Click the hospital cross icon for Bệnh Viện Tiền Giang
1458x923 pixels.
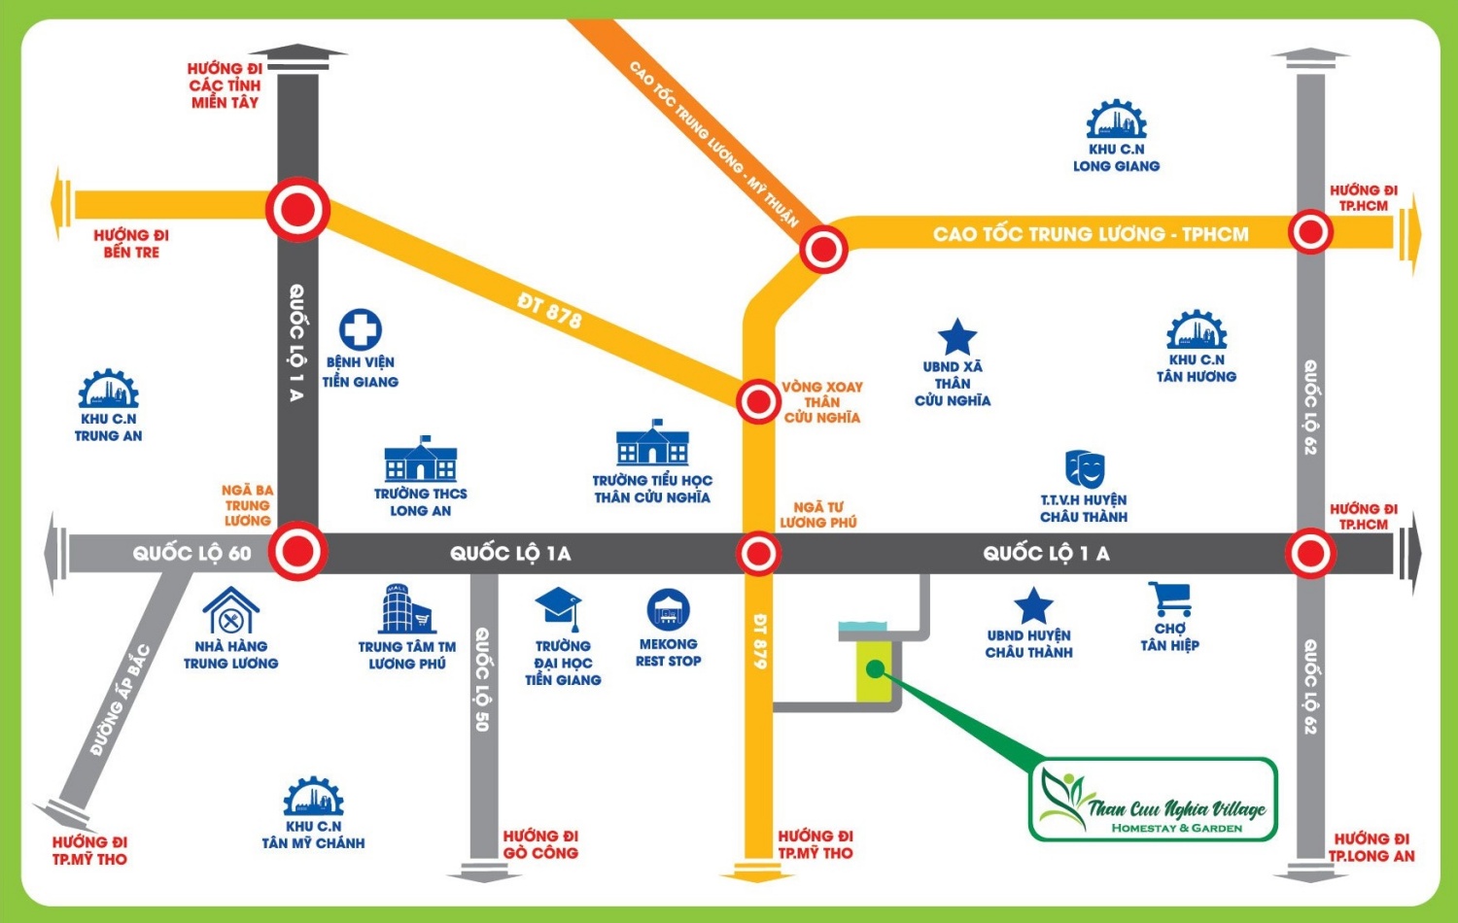[360, 330]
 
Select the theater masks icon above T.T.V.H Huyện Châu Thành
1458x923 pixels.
[1085, 468]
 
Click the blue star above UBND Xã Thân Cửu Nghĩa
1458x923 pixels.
[956, 337]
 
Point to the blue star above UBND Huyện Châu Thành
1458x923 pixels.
[1033, 606]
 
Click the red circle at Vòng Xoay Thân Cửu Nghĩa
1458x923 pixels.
[758, 400]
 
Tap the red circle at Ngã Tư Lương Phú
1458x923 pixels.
[758, 554]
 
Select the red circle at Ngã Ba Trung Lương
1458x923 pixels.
[297, 552]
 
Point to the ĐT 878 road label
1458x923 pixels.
[549, 310]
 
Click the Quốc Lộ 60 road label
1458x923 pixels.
[191, 554]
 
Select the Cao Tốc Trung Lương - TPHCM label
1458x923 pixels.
[1091, 234]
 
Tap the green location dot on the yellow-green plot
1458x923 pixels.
[875, 668]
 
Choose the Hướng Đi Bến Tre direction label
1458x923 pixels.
[131, 243]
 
